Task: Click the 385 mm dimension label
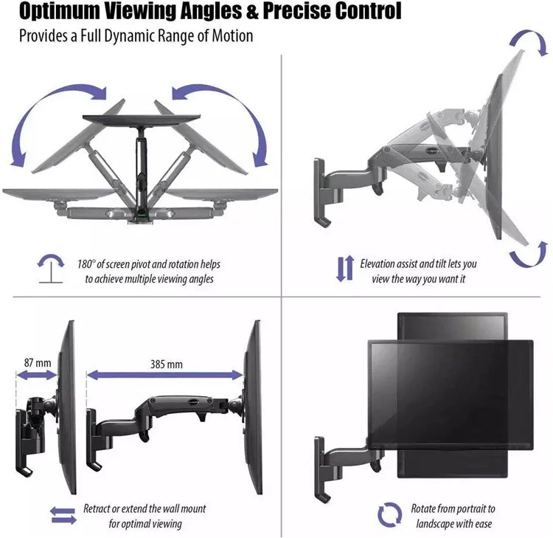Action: pyautogui.click(x=165, y=364)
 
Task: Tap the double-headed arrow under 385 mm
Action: pyautogui.click(x=165, y=376)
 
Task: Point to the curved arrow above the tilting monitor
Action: pyautogui.click(x=529, y=42)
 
